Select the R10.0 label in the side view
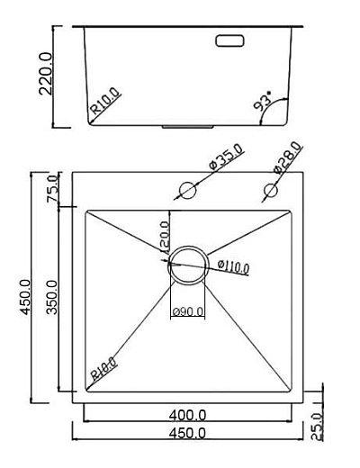106,105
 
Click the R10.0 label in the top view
103,370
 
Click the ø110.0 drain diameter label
233,265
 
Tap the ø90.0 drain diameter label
187,312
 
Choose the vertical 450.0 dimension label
25,298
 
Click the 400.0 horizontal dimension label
188,415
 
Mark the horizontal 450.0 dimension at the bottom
188,433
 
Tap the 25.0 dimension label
316,426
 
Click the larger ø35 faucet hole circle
188,191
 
